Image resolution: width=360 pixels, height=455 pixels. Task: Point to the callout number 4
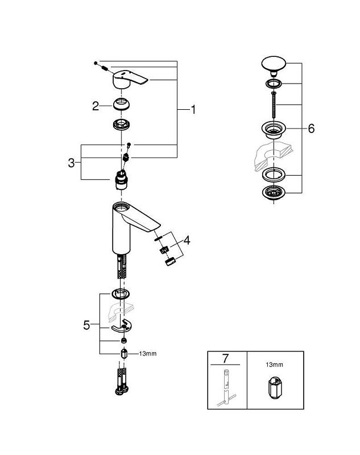[x=187, y=240]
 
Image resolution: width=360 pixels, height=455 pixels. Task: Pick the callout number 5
[x=86, y=325]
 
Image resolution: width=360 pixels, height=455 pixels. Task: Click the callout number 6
[x=311, y=129]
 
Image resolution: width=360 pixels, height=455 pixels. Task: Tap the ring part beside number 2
[x=121, y=105]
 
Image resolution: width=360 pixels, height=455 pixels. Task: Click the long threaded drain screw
[x=274, y=105]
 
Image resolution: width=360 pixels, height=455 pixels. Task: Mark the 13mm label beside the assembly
[x=148, y=354]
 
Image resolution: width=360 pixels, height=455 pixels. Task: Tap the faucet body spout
[x=134, y=222]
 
